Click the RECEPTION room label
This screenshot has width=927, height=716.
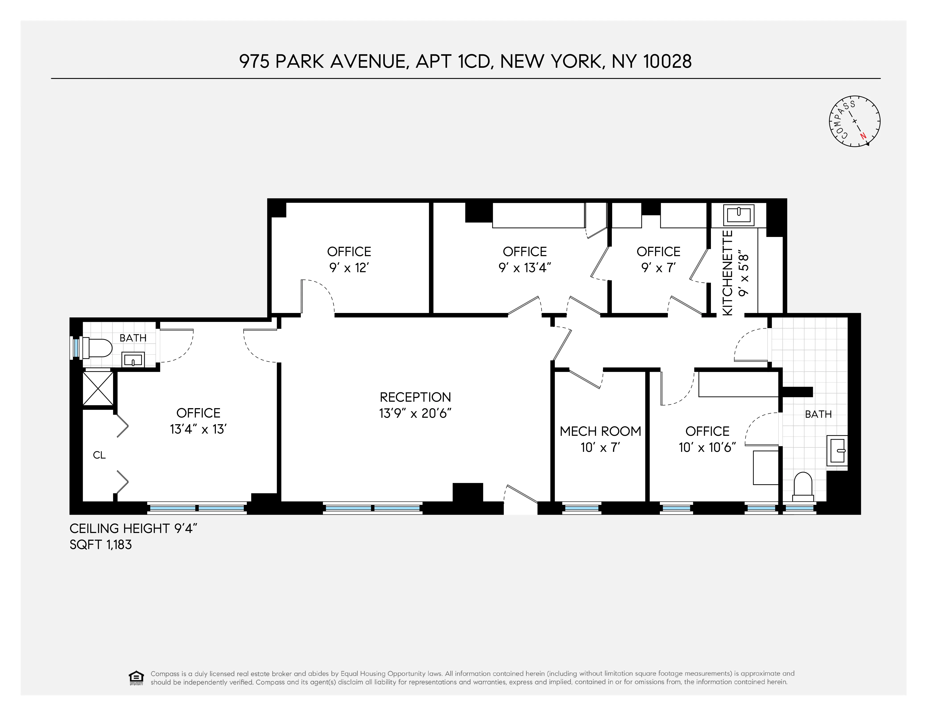coord(415,397)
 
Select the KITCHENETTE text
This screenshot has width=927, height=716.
coord(727,273)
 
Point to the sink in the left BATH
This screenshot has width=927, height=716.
coord(133,360)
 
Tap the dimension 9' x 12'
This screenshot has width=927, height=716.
coord(349,268)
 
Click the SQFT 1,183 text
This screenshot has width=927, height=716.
coord(101,544)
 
